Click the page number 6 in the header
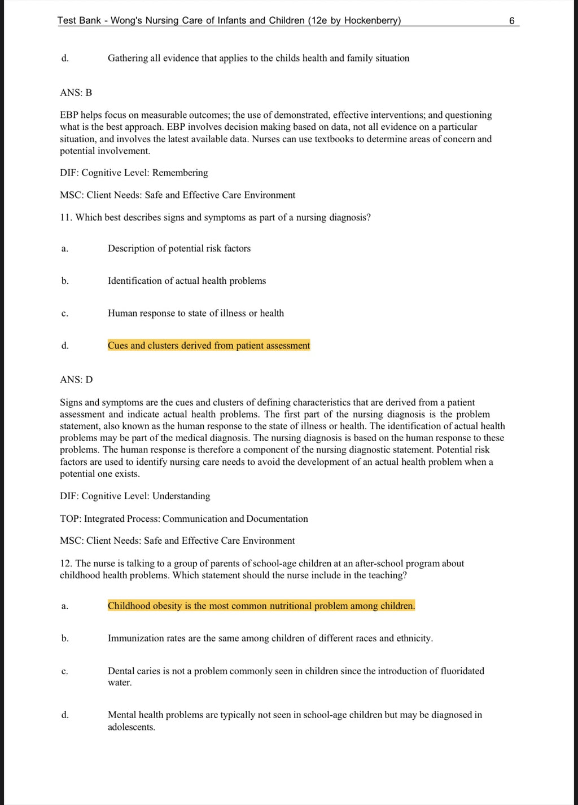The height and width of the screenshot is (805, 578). pos(511,21)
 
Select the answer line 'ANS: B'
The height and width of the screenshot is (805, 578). pos(76,93)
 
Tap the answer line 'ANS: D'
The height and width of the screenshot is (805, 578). pos(76,380)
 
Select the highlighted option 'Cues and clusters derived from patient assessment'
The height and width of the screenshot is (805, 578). pos(209,345)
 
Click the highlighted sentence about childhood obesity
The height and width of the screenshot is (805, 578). pos(261,606)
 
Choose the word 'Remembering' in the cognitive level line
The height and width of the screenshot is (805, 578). pos(180,173)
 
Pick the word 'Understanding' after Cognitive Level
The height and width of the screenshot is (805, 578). pos(181,496)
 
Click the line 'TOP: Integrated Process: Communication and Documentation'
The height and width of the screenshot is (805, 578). pos(184,518)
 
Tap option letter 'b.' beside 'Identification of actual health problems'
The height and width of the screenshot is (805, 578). pos(65,281)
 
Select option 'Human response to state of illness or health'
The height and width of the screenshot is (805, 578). pos(196,313)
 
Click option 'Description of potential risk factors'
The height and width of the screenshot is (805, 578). pos(179,248)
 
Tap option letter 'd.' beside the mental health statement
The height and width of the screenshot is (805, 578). pos(65,715)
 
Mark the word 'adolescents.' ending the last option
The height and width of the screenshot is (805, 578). pos(132,727)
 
